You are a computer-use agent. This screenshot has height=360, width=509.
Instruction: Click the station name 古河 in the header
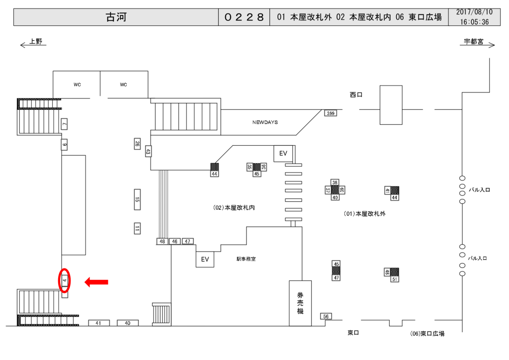[116, 17]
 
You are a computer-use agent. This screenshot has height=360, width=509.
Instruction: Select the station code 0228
[244, 17]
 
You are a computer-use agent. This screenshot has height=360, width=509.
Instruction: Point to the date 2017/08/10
[475, 12]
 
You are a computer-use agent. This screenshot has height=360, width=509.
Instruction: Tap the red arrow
[96, 282]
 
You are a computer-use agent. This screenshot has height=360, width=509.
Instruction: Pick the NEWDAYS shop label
[265, 122]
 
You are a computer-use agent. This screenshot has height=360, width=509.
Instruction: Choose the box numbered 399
[331, 113]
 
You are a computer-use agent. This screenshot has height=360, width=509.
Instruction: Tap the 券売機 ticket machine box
[300, 302]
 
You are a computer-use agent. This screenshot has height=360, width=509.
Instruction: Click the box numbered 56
[326, 316]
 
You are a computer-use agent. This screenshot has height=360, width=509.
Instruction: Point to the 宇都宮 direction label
[473, 42]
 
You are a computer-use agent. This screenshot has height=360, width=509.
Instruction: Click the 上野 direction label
[36, 42]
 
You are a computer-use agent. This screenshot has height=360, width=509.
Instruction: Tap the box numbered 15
[137, 200]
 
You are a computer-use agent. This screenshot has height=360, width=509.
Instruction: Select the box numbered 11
[137, 228]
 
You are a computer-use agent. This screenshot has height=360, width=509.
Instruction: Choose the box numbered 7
[64, 124]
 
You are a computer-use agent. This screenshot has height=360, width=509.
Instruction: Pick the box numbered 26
[137, 144]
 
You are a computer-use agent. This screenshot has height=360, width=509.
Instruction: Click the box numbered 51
[395, 279]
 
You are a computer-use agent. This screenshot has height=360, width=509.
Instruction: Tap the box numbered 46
[175, 241]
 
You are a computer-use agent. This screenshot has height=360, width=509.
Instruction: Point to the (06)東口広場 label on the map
[427, 334]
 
